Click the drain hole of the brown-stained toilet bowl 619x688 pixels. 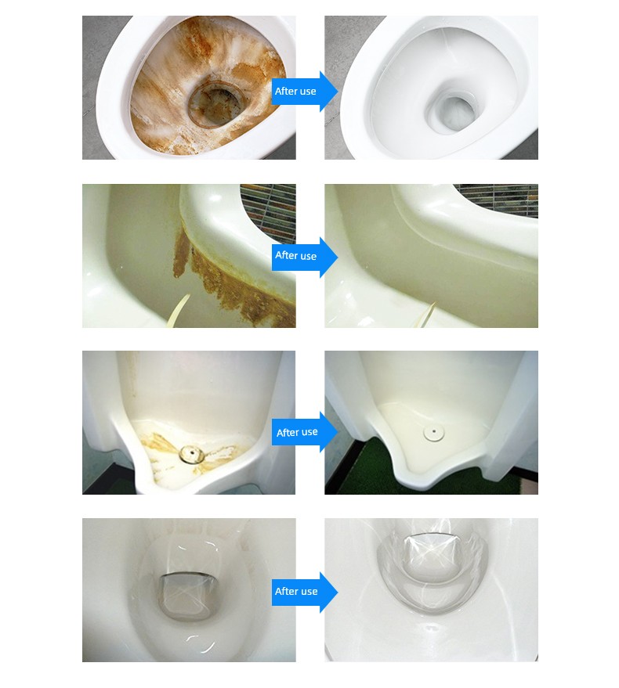[x=215, y=104]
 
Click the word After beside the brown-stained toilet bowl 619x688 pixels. [x=286, y=92]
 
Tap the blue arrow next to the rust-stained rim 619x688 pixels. [x=305, y=257]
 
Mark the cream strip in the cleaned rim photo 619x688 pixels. [x=429, y=315]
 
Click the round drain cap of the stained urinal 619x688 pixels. [x=191, y=453]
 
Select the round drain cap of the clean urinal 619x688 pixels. [x=433, y=433]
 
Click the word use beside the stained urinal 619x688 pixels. [x=309, y=432]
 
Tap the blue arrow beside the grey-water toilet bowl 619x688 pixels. [x=305, y=592]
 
